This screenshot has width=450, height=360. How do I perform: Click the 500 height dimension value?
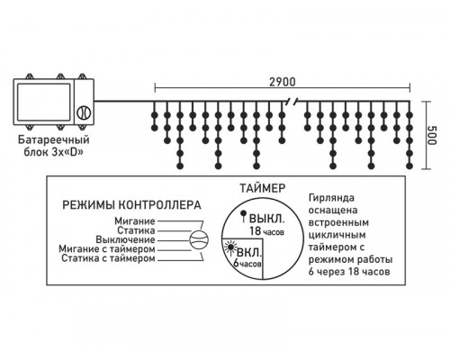tap(434, 137)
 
